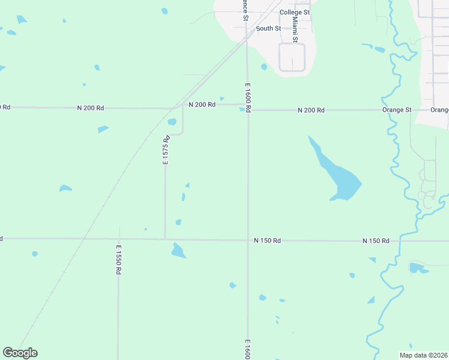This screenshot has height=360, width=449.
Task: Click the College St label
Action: (x=294, y=12)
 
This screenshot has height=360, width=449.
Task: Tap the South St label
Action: (x=268, y=28)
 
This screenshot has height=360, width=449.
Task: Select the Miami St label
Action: (x=295, y=29)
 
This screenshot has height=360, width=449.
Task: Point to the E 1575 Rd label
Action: (x=167, y=150)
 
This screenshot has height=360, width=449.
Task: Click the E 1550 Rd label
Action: (x=119, y=259)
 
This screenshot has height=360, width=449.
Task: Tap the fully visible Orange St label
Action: (x=397, y=110)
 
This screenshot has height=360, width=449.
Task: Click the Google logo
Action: (x=20, y=353)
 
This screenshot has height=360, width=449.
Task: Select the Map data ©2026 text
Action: (x=423, y=355)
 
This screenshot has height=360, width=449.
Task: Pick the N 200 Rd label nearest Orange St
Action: (x=311, y=110)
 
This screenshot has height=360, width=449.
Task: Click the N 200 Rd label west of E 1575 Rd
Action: (x=91, y=108)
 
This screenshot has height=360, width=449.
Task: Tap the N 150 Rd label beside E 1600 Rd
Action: (x=267, y=241)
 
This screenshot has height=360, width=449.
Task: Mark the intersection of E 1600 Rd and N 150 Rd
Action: (x=248, y=240)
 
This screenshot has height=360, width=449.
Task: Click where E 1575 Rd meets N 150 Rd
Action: (x=165, y=239)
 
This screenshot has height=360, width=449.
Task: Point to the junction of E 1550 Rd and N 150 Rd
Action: (x=119, y=239)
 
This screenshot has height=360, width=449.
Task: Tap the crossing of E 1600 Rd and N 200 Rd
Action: (x=247, y=110)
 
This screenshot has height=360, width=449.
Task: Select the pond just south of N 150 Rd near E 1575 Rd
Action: (x=178, y=250)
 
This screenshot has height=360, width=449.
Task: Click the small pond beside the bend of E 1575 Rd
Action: (x=172, y=122)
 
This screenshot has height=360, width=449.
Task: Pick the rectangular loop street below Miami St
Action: (x=292, y=58)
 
